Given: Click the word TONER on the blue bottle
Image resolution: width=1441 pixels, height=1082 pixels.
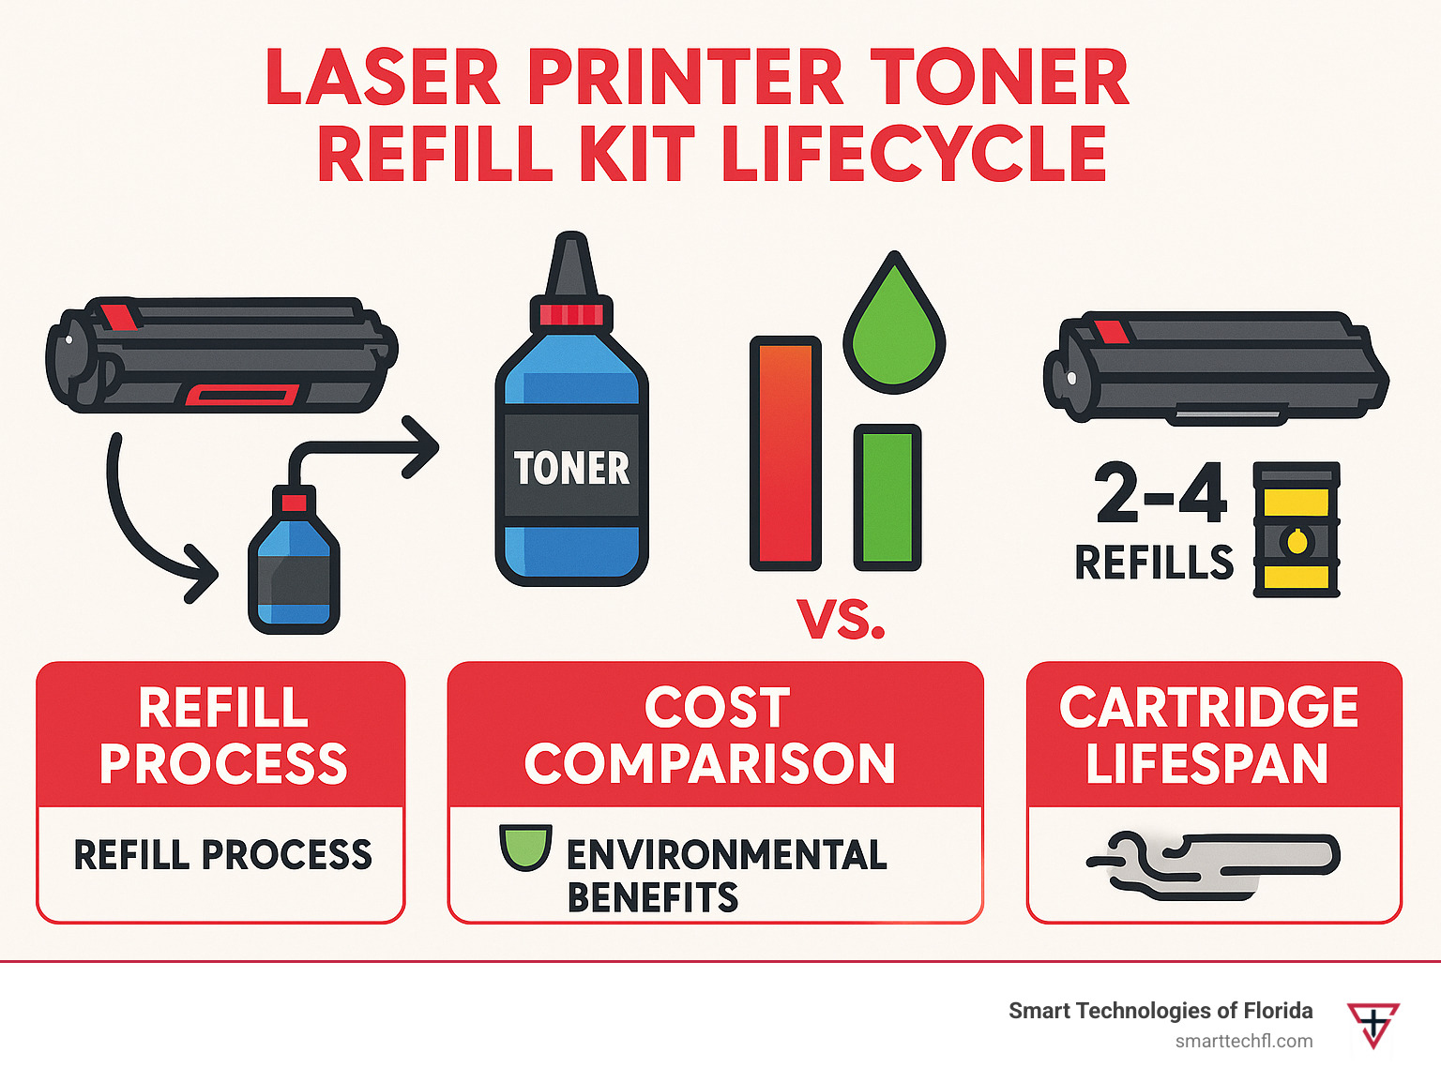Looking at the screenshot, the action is point(571,468).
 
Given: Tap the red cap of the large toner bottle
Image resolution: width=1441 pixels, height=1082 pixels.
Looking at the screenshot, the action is point(571,313).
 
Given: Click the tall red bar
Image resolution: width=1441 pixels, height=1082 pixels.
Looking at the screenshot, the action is point(785,454).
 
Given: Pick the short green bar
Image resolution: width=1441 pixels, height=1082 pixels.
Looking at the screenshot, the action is point(887,497).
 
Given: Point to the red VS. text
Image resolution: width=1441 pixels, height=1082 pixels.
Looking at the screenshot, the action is point(841,619).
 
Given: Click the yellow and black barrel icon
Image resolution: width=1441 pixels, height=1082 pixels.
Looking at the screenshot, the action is point(1296,530).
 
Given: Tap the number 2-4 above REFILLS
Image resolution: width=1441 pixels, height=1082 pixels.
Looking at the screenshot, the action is point(1160,492).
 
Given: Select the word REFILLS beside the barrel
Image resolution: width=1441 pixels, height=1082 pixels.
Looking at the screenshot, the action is point(1154,563).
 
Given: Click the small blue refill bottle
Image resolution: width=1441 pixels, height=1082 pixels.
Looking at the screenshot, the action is point(294,560).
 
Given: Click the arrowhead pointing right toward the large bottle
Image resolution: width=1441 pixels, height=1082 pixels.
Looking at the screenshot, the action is point(420,447).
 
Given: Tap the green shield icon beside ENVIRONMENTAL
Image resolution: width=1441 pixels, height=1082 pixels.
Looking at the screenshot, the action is point(525,847).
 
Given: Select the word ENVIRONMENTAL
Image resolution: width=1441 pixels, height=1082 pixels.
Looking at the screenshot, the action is point(727,854).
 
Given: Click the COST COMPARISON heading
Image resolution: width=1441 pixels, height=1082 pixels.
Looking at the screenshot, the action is point(710,735).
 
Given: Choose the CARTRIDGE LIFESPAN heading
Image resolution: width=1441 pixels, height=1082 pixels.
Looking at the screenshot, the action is point(1208,735).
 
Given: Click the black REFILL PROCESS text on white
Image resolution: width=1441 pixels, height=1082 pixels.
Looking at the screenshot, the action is point(222,854).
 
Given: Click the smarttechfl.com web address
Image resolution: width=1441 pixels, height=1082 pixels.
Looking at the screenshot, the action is point(1243,1042).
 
